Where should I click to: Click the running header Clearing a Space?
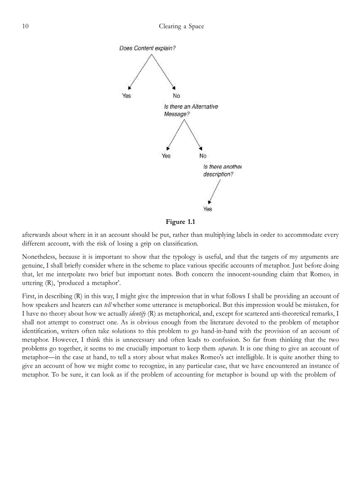coord(181,26)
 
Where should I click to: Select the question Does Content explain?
coord(147,48)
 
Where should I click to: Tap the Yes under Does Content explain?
coord(127,96)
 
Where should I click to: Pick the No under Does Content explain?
coord(176,96)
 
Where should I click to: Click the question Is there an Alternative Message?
coord(191,110)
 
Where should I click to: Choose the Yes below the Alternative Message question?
coord(166,156)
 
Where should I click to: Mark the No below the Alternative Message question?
coord(202,156)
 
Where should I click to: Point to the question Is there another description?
coord(222,171)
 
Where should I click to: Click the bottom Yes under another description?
coord(207,209)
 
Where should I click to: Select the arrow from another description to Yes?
coord(214,191)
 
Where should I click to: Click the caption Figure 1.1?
coord(180,221)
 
